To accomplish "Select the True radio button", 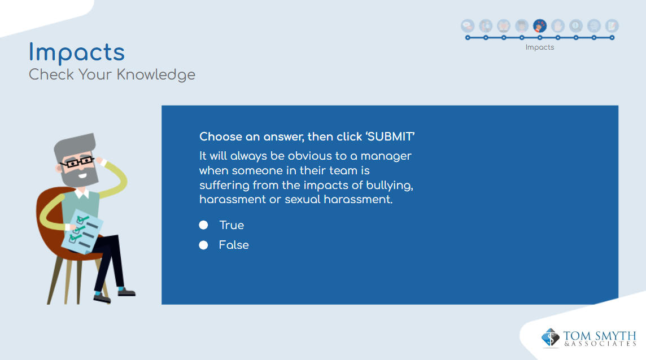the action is point(203,225).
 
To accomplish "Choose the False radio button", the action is point(203,245).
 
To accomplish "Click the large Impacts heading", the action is point(77,53).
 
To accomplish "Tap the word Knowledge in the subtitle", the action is point(156,75).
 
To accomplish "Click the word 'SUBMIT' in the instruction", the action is point(390,137).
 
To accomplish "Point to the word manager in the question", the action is point(386,156).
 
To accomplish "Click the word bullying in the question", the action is point(389,186).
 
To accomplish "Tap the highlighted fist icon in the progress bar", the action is point(540,26).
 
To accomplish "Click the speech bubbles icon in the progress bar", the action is point(468,26).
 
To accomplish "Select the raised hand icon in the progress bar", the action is point(558,26).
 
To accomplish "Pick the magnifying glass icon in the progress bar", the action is point(593,26).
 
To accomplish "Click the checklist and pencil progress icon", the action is point(612,26).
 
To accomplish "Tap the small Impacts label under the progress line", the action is point(540,47).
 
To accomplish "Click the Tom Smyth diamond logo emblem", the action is point(550,337).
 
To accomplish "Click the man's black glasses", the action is point(77,162).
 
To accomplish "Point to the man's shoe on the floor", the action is point(126,292).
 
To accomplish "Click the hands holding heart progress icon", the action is point(504,26).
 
